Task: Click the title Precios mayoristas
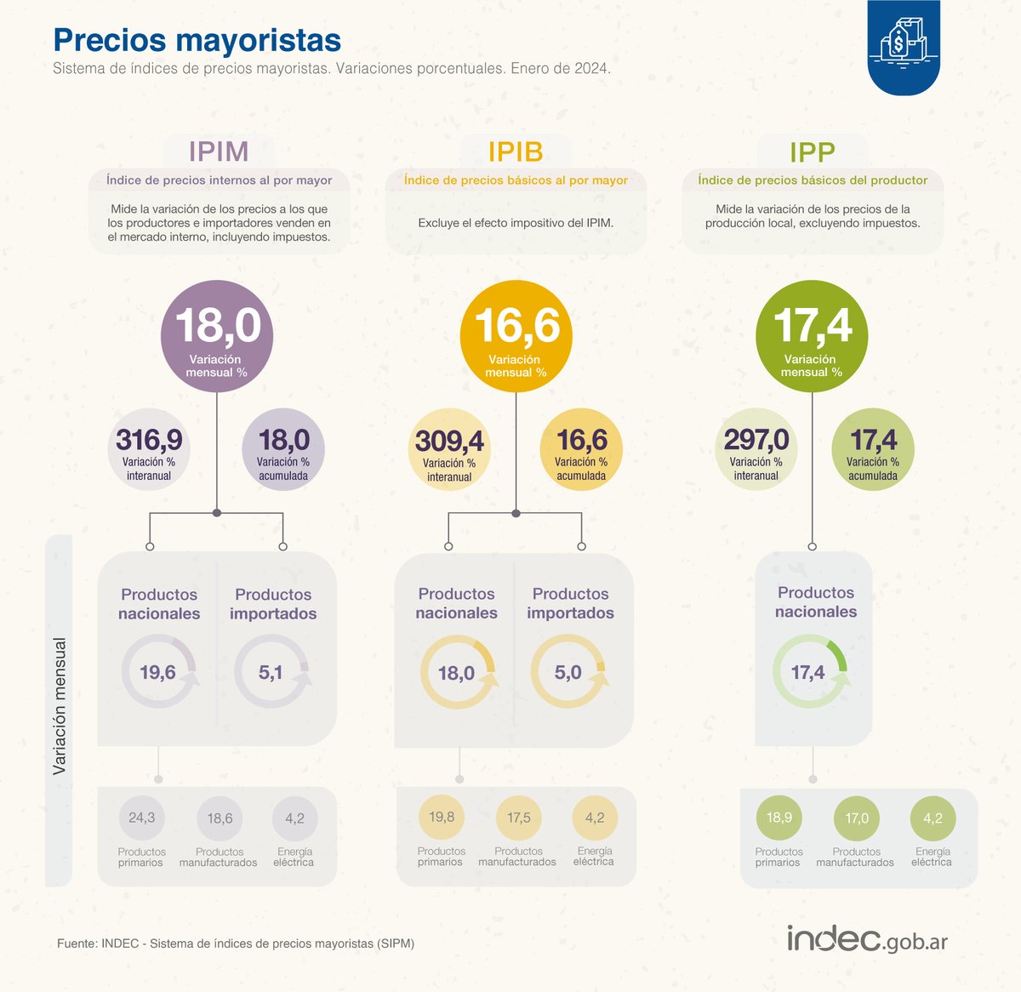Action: [197, 40]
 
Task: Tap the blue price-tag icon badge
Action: [904, 48]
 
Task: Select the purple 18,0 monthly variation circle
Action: [217, 336]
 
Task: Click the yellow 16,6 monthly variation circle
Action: [516, 336]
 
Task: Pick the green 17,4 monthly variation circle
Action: [812, 336]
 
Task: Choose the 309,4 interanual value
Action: [449, 450]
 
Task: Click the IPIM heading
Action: [219, 151]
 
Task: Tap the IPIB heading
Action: [516, 151]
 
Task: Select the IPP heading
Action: [812, 151]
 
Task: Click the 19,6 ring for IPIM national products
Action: [159, 672]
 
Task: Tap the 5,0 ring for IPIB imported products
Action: [569, 672]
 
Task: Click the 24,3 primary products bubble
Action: [141, 818]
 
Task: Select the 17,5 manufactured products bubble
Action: [518, 818]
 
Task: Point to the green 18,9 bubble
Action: [779, 818]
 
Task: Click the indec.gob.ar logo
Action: [867, 939]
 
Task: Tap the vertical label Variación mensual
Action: [60, 706]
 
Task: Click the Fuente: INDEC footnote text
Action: [236, 944]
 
